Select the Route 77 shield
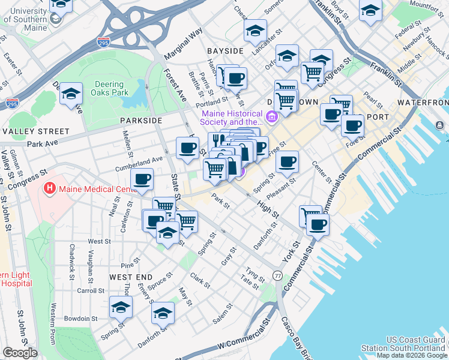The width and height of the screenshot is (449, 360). [x=277, y=275]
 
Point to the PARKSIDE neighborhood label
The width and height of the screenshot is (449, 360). [x=141, y=121]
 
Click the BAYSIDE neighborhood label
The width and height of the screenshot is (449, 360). [x=225, y=51]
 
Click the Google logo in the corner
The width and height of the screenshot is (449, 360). [x=20, y=353]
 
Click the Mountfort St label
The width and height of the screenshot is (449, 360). [x=423, y=6]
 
